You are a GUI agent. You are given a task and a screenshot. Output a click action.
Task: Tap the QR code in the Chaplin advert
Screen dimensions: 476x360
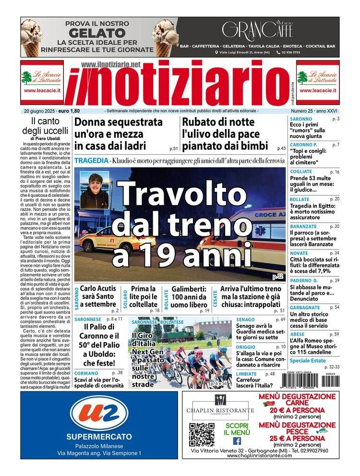tap(201, 434)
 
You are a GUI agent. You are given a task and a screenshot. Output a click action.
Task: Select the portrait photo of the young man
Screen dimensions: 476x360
tap(95, 190)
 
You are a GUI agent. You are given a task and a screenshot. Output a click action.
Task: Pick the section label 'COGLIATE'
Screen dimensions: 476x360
tap(301, 171)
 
